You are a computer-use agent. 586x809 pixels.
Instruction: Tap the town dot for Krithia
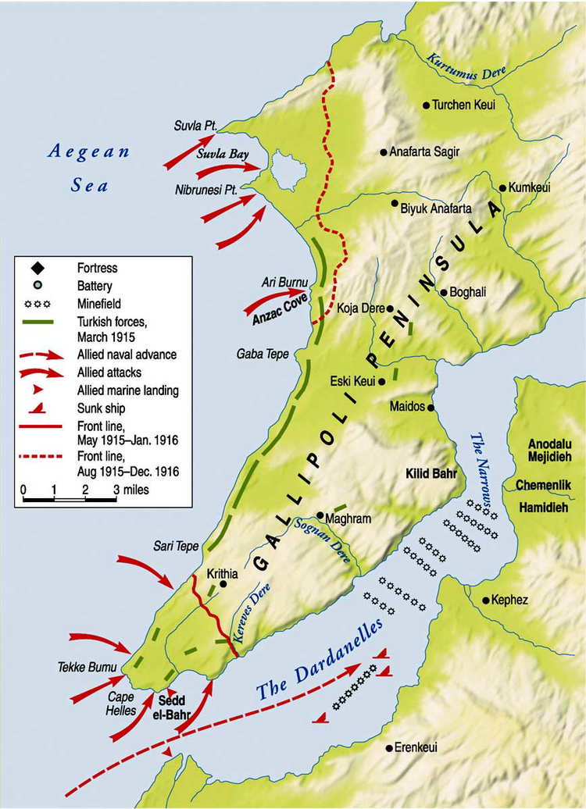click(x=223, y=583)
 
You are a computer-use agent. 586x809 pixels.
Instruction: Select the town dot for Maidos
click(x=431, y=408)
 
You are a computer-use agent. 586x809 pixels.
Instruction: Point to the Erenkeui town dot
click(x=388, y=748)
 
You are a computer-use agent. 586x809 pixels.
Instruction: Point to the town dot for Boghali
click(x=444, y=293)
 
